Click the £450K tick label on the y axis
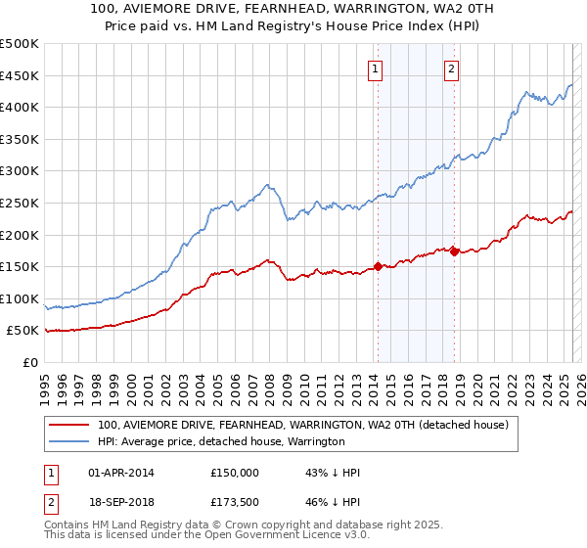19,75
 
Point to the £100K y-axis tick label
19,298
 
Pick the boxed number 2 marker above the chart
452,68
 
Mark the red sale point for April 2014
378,266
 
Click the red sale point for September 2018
455,251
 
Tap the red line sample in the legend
69,426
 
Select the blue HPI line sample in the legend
69,442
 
